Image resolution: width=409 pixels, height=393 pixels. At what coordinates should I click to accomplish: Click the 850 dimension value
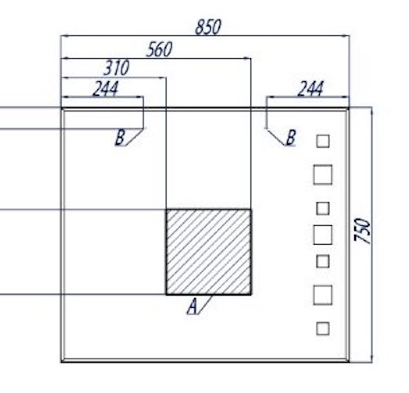[208, 27]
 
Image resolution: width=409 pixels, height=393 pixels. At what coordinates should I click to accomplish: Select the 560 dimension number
[160, 49]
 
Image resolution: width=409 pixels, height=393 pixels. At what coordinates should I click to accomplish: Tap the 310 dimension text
[116, 68]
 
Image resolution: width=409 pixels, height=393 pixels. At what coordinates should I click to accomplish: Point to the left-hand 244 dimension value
[106, 88]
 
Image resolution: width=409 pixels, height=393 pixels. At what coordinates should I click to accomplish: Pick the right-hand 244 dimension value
[310, 88]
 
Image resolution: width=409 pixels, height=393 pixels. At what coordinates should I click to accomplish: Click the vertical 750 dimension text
[362, 231]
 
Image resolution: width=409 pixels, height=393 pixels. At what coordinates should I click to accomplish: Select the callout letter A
[192, 306]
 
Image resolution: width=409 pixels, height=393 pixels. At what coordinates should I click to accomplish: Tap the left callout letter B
[120, 137]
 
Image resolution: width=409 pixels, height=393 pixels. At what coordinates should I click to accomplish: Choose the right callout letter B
[291, 138]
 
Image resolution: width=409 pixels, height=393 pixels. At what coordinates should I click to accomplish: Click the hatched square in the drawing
[209, 252]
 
